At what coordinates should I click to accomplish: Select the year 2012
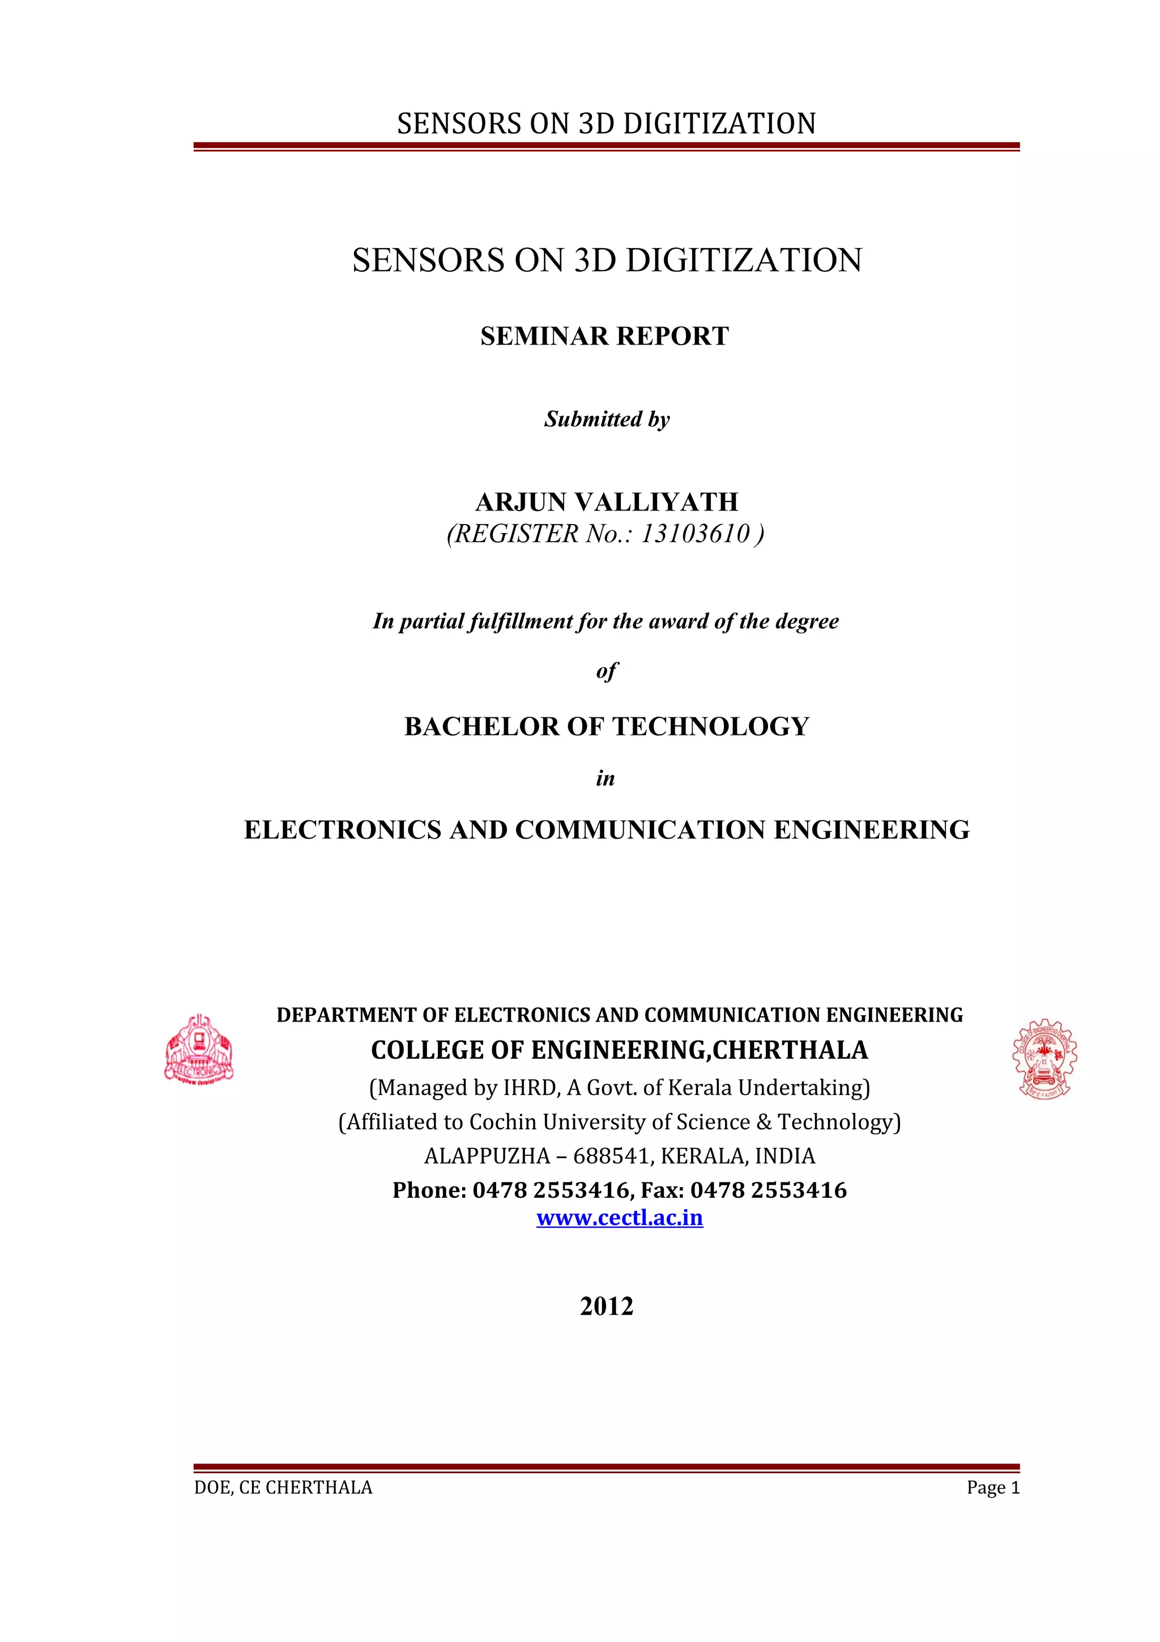(606, 1307)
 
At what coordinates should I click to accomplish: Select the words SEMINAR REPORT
(605, 336)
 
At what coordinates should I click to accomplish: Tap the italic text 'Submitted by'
(607, 419)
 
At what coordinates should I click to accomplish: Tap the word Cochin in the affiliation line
(502, 1122)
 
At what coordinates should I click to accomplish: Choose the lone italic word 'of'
(606, 671)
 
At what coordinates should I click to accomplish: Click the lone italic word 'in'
(605, 778)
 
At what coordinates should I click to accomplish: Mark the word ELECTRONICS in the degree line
(342, 829)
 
